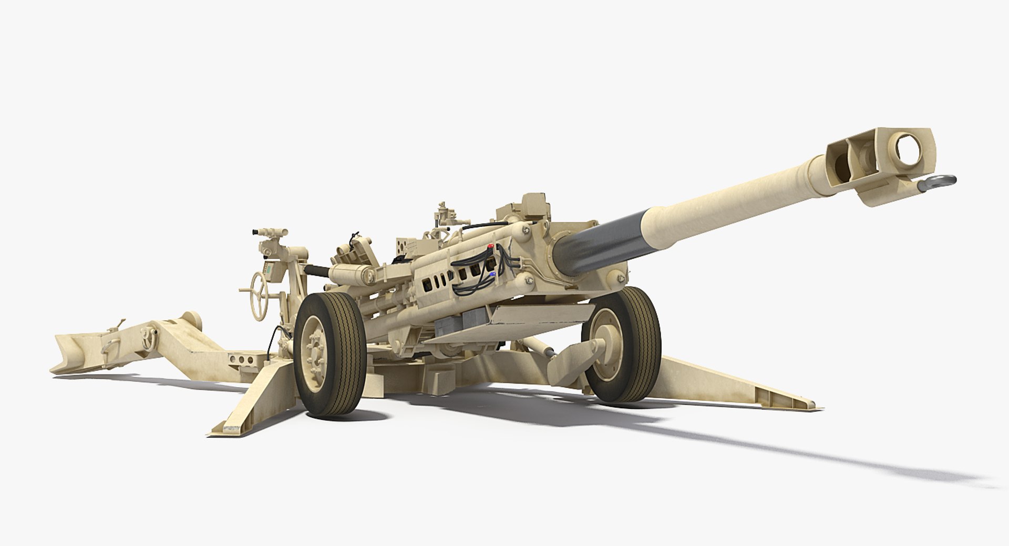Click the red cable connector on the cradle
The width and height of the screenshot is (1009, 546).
(x=491, y=246)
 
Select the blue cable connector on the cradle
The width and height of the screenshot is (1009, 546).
(x=491, y=274)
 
